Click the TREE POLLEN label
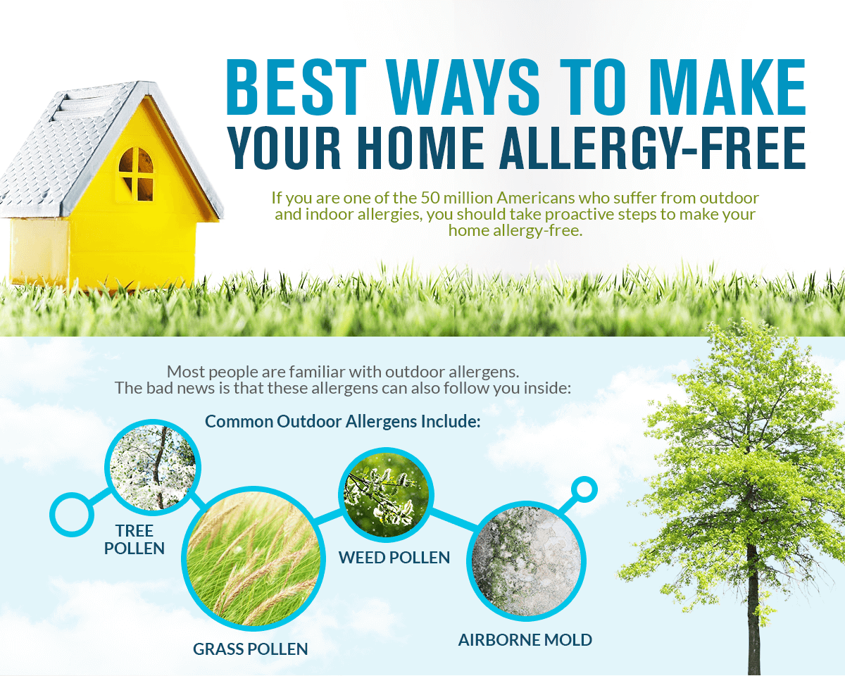click(134, 539)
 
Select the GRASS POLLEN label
click(251, 649)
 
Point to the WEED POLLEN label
click(394, 558)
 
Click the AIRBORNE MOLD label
click(525, 640)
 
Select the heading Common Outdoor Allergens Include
click(342, 422)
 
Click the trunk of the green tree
click(753, 620)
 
